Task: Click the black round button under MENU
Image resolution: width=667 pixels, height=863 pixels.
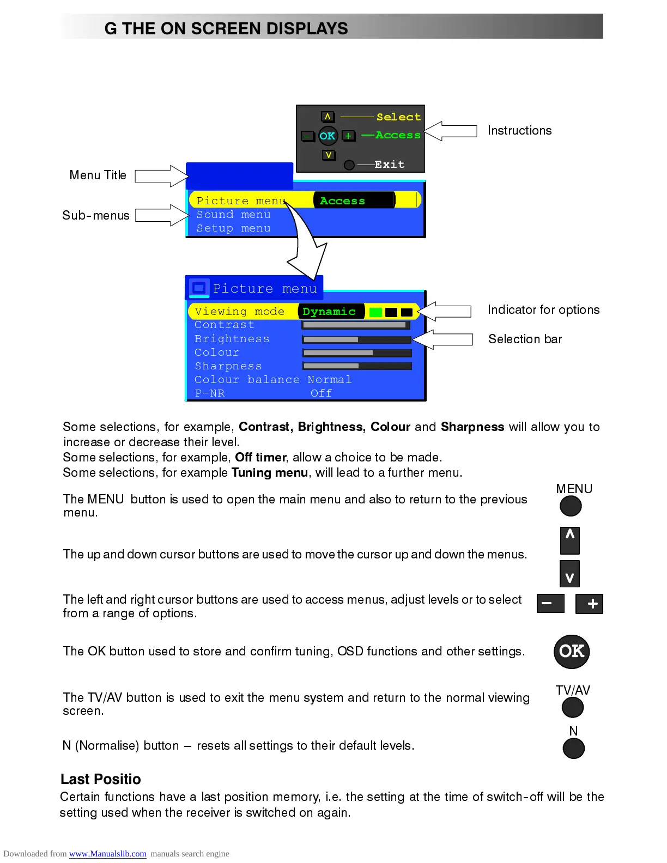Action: tap(571, 506)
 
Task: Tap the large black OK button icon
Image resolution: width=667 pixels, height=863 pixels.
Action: tap(572, 651)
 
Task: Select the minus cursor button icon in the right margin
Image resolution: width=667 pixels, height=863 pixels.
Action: tap(550, 604)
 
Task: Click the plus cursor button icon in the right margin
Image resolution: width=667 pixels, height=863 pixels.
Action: tap(589, 604)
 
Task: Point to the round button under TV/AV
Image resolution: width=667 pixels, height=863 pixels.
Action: tap(572, 707)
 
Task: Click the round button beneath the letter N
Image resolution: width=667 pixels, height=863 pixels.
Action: tap(573, 748)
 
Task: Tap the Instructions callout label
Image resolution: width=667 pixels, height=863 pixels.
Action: tap(519, 131)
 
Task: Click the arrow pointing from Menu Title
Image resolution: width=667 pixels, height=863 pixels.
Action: tap(161, 176)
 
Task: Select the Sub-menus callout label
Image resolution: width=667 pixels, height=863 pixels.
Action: tap(96, 216)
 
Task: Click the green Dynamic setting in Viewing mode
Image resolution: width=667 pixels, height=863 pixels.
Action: tap(329, 312)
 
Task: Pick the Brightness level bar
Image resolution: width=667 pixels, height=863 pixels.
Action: tap(357, 339)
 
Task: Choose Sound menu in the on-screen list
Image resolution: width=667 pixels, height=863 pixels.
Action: tap(233, 215)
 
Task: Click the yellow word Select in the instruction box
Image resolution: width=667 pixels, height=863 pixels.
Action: tap(398, 117)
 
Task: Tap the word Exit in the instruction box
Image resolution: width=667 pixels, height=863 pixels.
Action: tap(390, 165)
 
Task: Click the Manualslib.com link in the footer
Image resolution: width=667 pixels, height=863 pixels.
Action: tap(107, 854)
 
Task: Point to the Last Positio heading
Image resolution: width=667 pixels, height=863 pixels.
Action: tap(101, 779)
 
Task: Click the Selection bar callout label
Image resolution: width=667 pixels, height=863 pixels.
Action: tap(525, 339)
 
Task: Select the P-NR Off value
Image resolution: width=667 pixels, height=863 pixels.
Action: tap(321, 393)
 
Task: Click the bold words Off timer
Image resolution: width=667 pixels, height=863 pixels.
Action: tap(260, 457)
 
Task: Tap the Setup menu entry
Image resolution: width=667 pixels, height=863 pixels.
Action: tap(233, 229)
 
